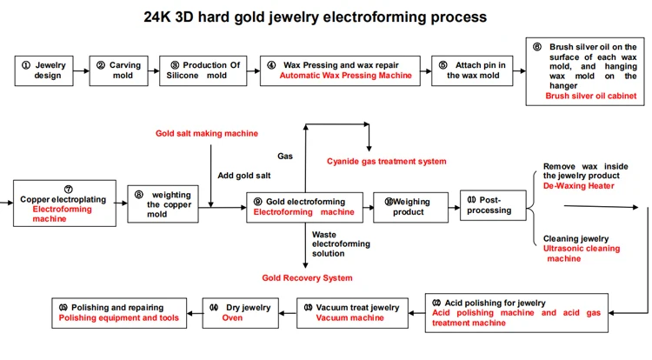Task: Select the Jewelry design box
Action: click(x=44, y=70)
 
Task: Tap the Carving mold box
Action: click(x=117, y=70)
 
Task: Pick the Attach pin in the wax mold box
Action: click(x=473, y=70)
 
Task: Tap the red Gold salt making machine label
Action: click(x=207, y=133)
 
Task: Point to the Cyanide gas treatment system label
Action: click(x=386, y=161)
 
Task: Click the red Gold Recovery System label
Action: click(x=307, y=277)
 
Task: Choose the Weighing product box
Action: click(x=409, y=207)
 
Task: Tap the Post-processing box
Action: click(x=492, y=205)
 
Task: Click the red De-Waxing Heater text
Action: click(x=578, y=185)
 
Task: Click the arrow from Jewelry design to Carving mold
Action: click(x=82, y=70)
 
